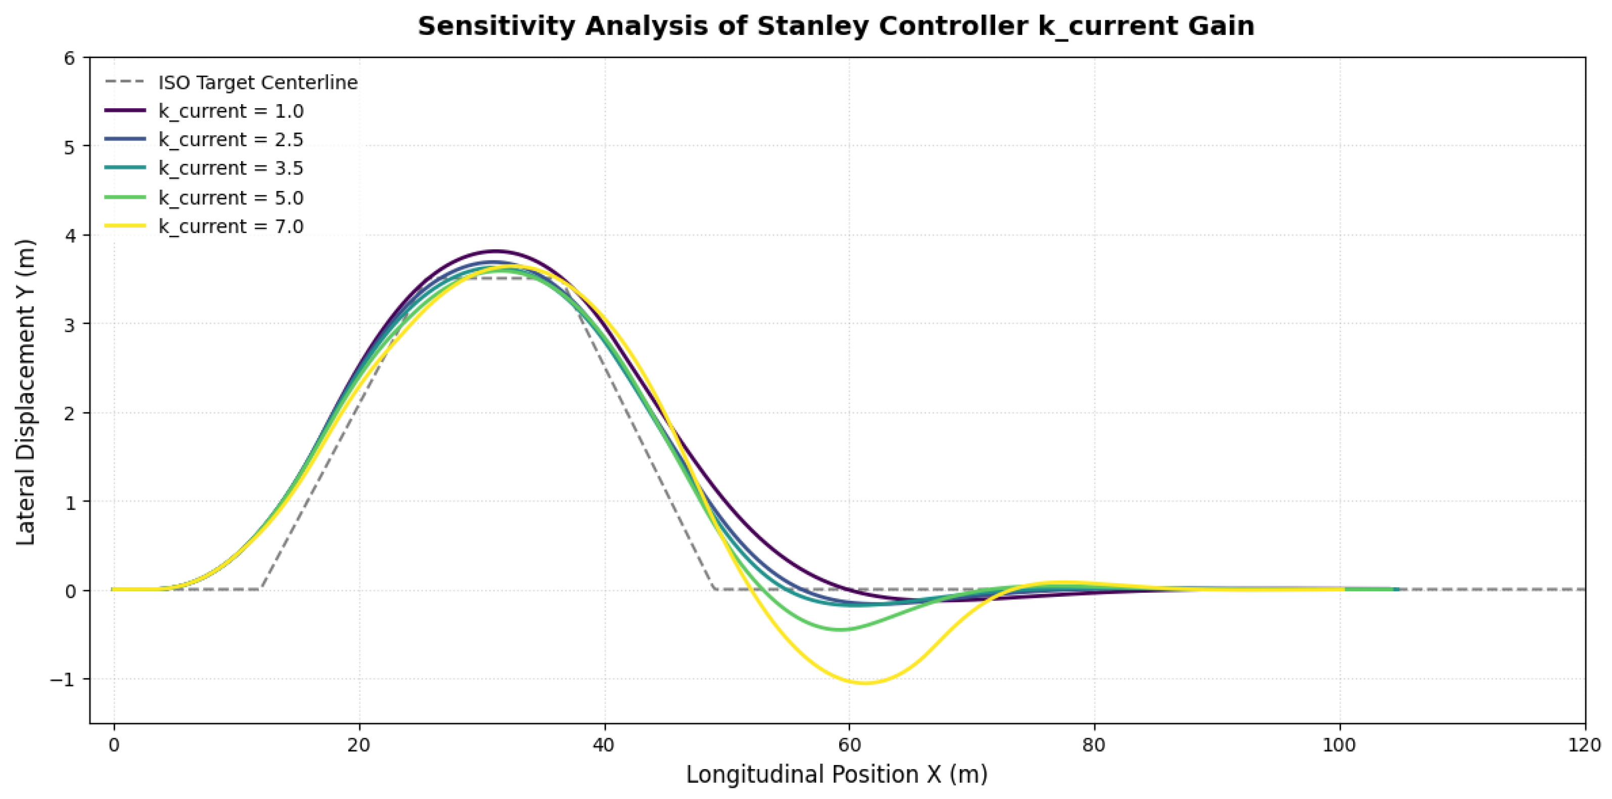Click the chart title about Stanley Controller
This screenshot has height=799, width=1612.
click(836, 27)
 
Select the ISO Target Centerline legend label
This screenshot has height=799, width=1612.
click(258, 82)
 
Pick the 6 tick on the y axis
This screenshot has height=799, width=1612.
click(69, 58)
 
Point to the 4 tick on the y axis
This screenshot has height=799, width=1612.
click(69, 236)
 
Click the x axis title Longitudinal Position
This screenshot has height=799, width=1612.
click(837, 775)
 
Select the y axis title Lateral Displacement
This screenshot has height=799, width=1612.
click(26, 392)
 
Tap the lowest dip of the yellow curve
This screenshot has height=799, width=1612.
click(865, 683)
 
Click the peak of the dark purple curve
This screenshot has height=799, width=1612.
click(495, 251)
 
